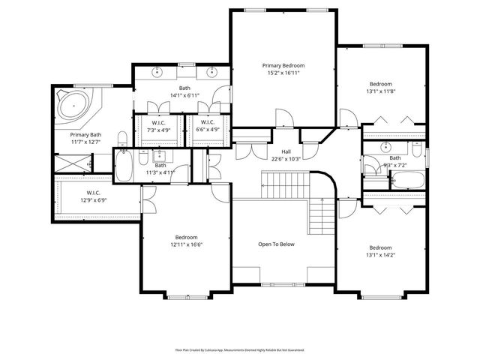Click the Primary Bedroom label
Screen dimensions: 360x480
283,66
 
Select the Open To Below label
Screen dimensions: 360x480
277,244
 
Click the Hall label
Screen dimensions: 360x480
286,151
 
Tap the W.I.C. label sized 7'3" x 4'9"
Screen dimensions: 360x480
158,122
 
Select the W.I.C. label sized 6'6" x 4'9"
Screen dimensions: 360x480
207,122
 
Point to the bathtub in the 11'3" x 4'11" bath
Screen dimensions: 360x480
124,166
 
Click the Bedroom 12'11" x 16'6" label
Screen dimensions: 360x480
185,237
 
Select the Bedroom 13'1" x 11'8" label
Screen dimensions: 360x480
380,83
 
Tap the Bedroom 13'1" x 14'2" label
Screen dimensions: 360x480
380,247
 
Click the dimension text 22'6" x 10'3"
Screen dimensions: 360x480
286,158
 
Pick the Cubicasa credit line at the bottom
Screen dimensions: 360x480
240,349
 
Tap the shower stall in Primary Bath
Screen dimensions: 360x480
71,161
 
